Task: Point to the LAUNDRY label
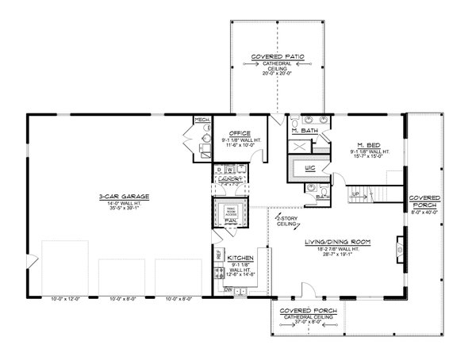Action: tap(229, 180)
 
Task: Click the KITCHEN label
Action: tap(240, 259)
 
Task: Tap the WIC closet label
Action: tap(311, 168)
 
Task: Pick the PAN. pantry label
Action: tap(231, 222)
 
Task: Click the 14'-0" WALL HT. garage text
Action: tap(120, 203)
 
